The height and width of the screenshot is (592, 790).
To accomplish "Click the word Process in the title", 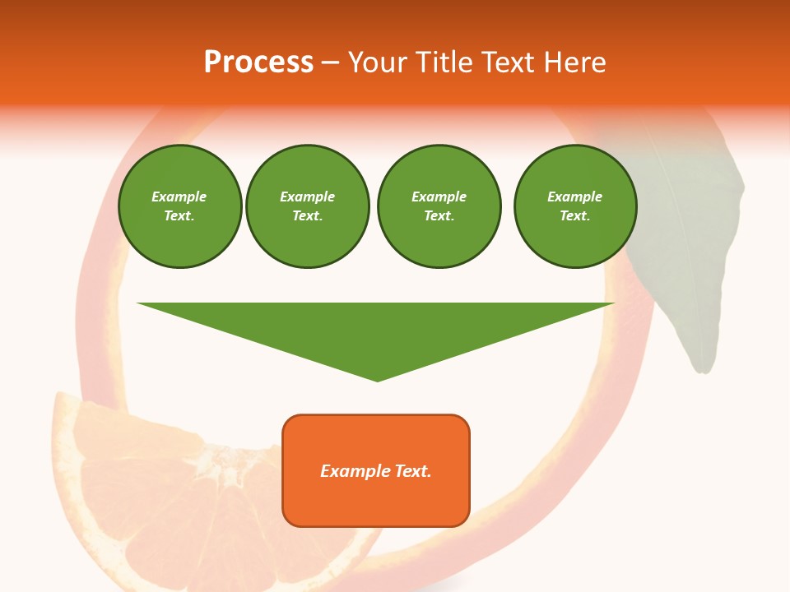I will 258,62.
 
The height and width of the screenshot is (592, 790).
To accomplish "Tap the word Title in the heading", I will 444,62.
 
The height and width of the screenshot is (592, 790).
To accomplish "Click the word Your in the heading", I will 379,62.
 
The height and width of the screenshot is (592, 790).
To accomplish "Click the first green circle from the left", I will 179,206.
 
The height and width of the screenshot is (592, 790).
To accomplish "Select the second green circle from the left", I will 308,206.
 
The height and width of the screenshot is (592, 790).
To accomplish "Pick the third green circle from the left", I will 439,206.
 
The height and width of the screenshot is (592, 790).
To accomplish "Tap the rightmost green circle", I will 575,206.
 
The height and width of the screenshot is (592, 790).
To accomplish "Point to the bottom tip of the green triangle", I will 378,380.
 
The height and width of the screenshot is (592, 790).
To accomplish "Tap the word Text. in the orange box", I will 413,471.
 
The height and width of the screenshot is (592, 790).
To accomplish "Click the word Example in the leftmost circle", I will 179,197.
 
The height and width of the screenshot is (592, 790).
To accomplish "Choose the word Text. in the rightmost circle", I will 575,216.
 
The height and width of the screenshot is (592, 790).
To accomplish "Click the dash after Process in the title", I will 331,62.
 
